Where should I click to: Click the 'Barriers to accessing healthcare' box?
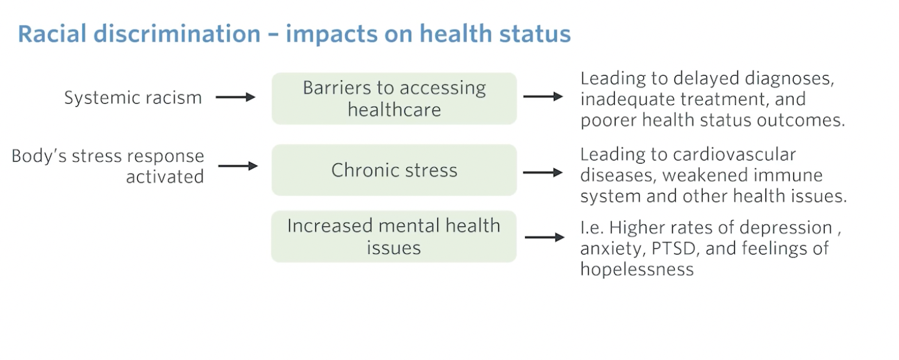[x=394, y=98]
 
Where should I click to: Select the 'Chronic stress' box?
[x=394, y=170]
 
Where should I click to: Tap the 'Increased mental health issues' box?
[x=394, y=236]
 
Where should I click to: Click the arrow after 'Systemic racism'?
[x=235, y=97]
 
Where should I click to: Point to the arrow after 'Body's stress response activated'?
[x=238, y=166]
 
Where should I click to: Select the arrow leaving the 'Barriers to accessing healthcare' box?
[x=543, y=96]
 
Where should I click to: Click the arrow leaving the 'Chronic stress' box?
[x=543, y=173]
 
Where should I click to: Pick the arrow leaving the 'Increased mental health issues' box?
[x=545, y=237]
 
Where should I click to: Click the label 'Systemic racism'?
[x=133, y=98]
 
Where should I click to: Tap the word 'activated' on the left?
[x=165, y=176]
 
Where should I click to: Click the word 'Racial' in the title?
[x=52, y=34]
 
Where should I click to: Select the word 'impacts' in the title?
[x=332, y=34]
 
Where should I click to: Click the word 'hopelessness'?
[x=637, y=269]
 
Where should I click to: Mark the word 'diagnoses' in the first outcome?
[x=789, y=79]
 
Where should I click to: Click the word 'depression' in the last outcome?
[x=786, y=228]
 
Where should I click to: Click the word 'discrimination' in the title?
[x=177, y=34]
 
